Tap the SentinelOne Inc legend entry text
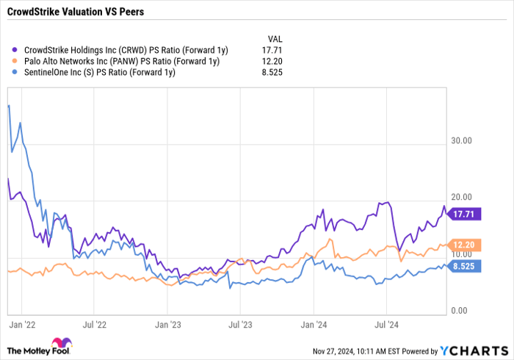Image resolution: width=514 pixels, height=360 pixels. [x=99, y=73]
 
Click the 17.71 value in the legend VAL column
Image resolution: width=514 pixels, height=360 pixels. [x=272, y=51]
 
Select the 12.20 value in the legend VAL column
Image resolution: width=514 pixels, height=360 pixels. [x=272, y=62]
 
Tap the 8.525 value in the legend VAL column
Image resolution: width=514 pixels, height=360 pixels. [x=272, y=73]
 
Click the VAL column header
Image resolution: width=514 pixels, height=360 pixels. [x=272, y=39]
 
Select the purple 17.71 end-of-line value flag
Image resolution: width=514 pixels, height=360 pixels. [x=467, y=215]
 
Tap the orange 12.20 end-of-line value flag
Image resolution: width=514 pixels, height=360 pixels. [x=467, y=245]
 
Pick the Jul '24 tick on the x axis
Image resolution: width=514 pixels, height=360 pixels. [x=386, y=323]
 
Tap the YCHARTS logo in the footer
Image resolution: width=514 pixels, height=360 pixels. [x=473, y=350]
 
